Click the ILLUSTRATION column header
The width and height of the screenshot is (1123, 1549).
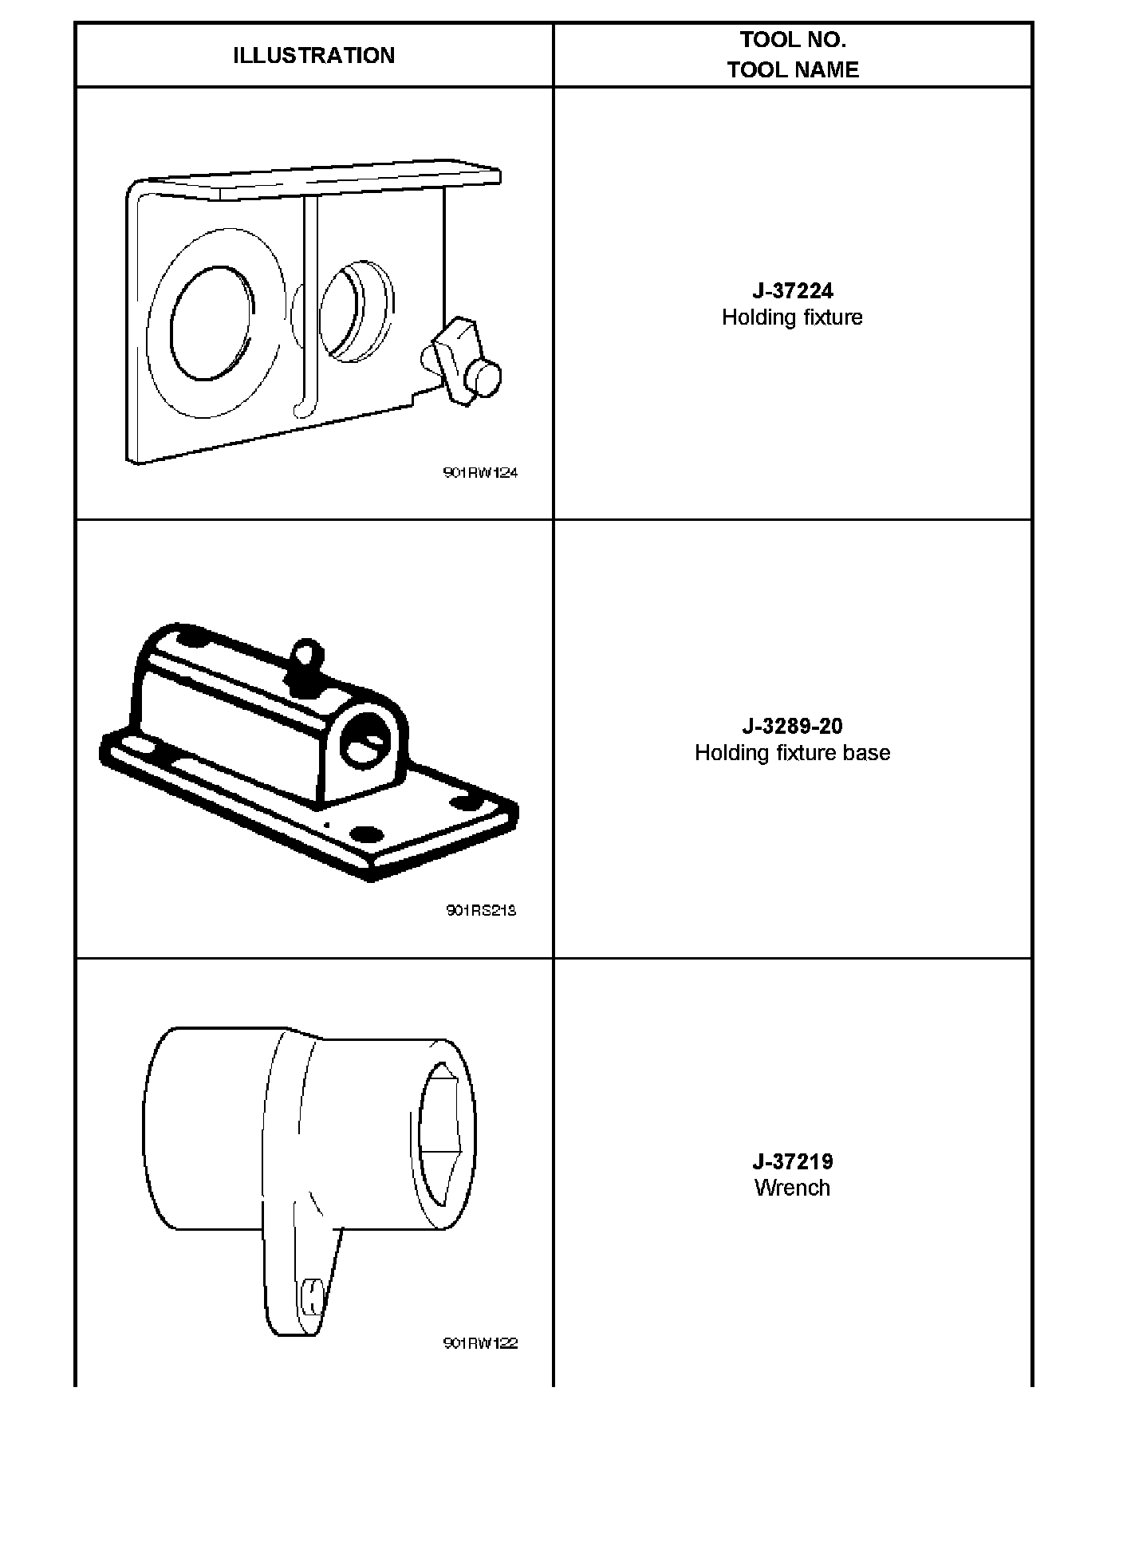point(313,55)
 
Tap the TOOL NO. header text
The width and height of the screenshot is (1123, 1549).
point(792,40)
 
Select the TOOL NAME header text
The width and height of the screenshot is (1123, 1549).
point(792,69)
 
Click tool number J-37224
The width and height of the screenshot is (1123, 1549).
point(792,291)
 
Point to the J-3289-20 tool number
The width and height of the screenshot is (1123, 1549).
point(792,726)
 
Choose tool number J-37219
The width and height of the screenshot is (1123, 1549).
point(792,1161)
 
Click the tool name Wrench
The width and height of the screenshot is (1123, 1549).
point(792,1188)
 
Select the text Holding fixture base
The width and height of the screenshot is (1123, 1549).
point(792,753)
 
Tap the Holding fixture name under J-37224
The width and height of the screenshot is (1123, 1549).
point(792,317)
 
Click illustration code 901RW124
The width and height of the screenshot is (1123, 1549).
point(480,472)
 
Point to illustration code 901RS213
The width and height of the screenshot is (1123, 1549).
point(481,910)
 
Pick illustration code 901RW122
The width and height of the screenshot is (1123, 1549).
point(480,1343)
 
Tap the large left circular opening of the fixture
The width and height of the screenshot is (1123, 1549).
point(212,324)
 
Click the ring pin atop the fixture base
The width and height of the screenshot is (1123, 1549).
point(304,654)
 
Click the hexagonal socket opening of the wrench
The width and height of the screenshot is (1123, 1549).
point(439,1133)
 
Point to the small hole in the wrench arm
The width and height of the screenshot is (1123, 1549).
point(312,1296)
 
